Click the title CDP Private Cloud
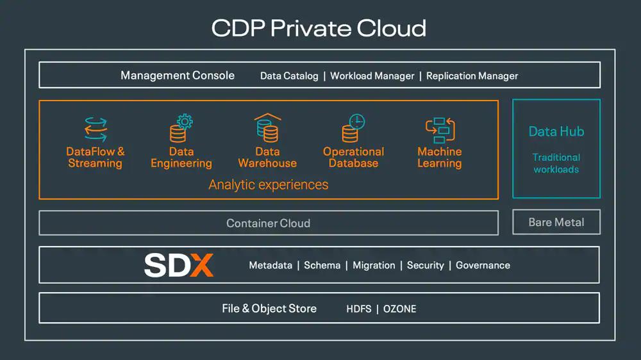coord(319,28)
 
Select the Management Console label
coord(178,76)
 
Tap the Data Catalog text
coord(289,76)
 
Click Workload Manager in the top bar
coord(372,76)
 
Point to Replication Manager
coord(472,76)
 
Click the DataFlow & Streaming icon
coord(96,128)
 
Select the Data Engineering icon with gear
coord(181,128)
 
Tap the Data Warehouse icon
coord(267,128)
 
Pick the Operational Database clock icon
coord(353,128)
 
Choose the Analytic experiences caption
coord(268,185)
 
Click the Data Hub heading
coord(556,131)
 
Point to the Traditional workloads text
coord(556,163)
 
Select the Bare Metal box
coord(556,222)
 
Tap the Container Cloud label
coord(268,224)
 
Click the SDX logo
coord(178,265)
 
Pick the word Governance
coord(483,265)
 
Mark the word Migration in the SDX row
coord(374,265)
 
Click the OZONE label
coord(399,309)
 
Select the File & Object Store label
coord(269,308)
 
